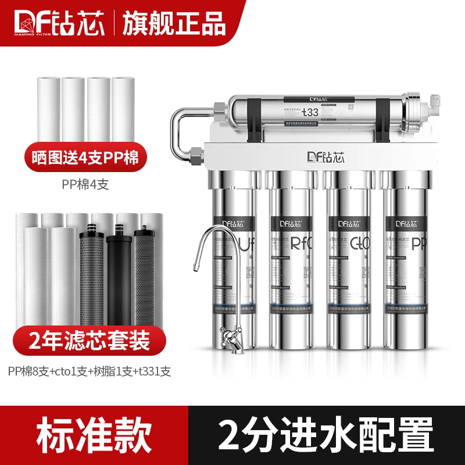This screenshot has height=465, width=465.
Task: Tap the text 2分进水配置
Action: pyautogui.click(x=325, y=433)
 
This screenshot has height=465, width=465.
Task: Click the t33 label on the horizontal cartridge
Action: pyautogui.click(x=309, y=112)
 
